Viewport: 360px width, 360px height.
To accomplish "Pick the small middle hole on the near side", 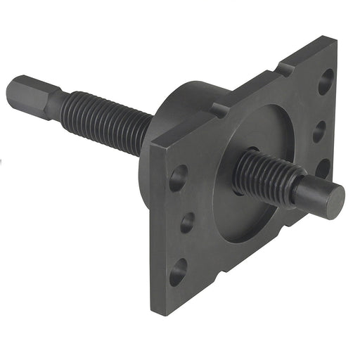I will pyautogui.click(x=187, y=223).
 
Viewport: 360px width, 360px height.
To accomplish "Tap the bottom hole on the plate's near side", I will pyautogui.click(x=179, y=271).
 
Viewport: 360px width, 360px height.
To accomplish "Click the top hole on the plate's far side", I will pyautogui.click(x=326, y=82).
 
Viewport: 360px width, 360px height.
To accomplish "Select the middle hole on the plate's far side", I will pyautogui.click(x=319, y=131).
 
